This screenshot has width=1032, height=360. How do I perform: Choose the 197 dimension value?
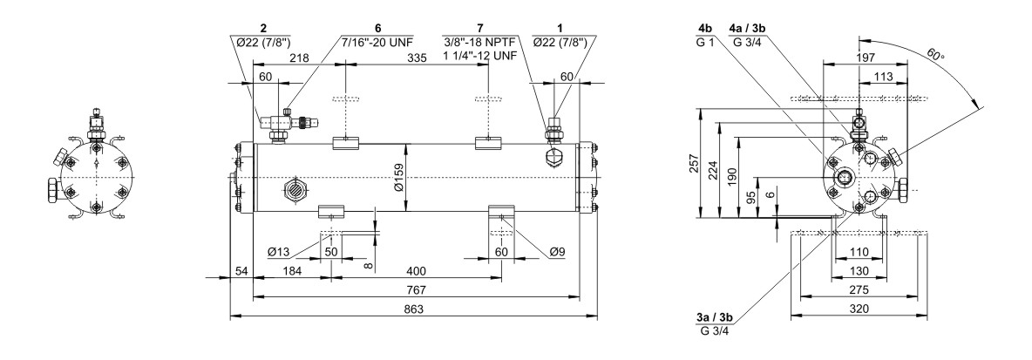(866, 57)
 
